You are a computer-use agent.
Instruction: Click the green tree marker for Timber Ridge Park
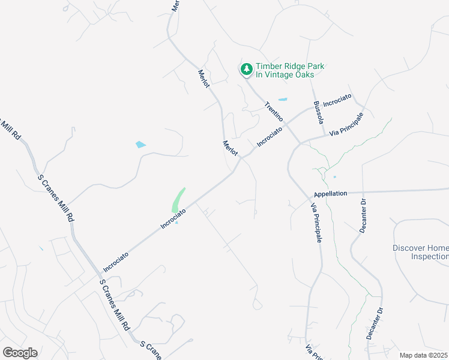[246, 70]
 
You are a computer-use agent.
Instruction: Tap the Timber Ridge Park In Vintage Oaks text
[286, 70]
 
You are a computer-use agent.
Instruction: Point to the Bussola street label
[318, 112]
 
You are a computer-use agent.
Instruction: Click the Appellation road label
[330, 194]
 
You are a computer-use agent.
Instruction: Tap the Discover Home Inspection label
[420, 252]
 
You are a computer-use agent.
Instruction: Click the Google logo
[20, 353]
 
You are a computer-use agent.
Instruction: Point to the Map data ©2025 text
[424, 355]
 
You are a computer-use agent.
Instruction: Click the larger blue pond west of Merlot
[140, 145]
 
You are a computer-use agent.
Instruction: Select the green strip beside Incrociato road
[178, 200]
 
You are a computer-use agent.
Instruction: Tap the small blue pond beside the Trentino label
[282, 100]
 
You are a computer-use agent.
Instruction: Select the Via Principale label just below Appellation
[316, 223]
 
